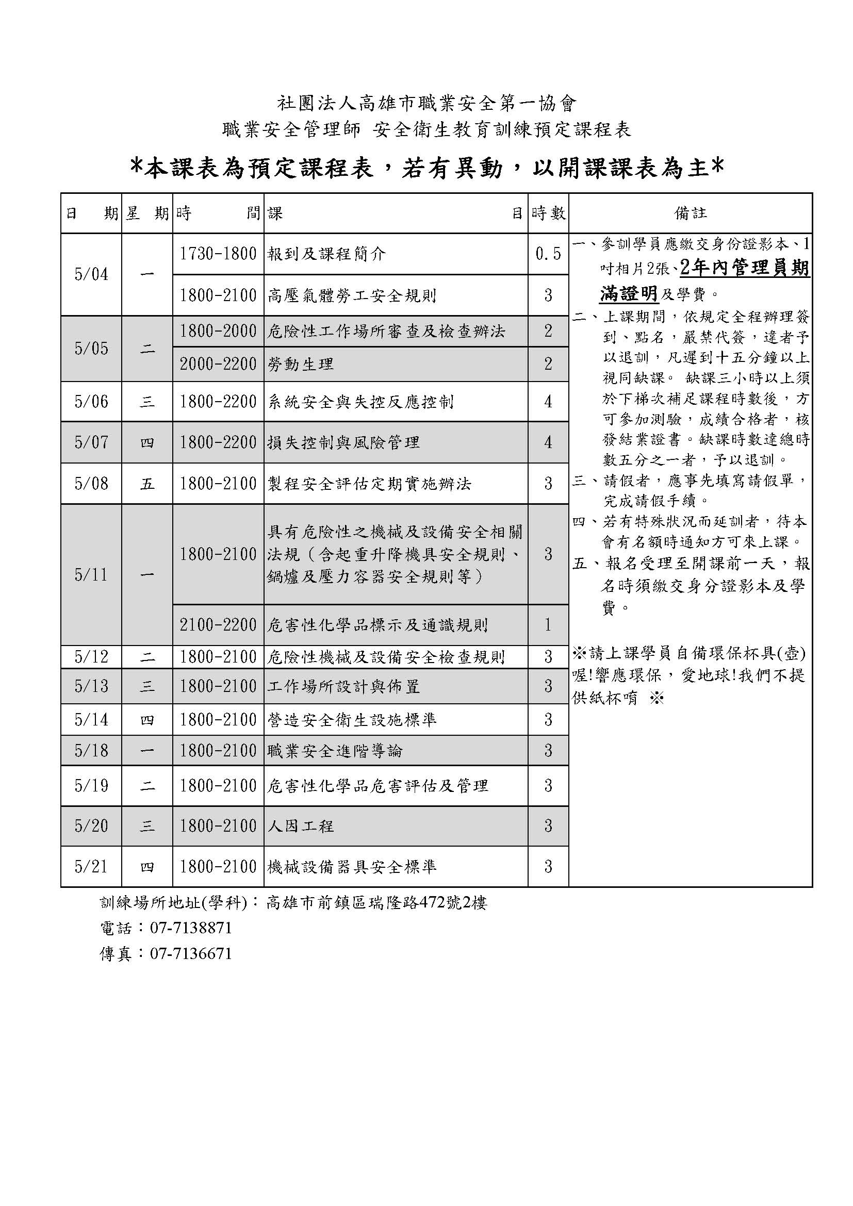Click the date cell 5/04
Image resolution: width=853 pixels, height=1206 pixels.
pos(91,274)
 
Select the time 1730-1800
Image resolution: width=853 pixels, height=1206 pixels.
pos(218,254)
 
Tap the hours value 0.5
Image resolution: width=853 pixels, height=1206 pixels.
pos(548,254)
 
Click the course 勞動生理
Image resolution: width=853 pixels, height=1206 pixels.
pos(301,364)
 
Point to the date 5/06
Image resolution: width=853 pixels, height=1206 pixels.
pos(91,402)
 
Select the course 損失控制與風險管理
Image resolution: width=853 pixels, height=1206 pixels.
pos(343,442)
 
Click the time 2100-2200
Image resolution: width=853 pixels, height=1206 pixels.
pos(218,625)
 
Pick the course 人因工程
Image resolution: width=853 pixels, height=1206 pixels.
pos(301,826)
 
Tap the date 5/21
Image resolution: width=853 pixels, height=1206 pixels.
pos(91,867)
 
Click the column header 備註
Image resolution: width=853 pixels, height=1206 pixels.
pos(690,213)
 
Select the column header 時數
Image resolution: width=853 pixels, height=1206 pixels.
pos(548,213)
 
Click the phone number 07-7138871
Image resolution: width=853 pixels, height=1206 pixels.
pos(191,928)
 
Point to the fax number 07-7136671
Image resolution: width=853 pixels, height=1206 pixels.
pos(191,954)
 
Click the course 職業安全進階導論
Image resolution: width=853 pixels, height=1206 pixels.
pos(335,751)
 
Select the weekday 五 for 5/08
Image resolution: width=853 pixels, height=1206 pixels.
pos(147,483)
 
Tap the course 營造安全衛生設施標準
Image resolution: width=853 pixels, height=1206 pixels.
pos(352,720)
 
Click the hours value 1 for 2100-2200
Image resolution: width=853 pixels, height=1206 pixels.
pos(548,625)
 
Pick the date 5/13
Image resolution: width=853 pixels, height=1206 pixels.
pos(91,686)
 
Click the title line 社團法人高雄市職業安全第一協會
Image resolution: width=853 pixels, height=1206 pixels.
pos(426,104)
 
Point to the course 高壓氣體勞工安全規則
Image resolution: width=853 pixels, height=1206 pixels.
pos(352,296)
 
